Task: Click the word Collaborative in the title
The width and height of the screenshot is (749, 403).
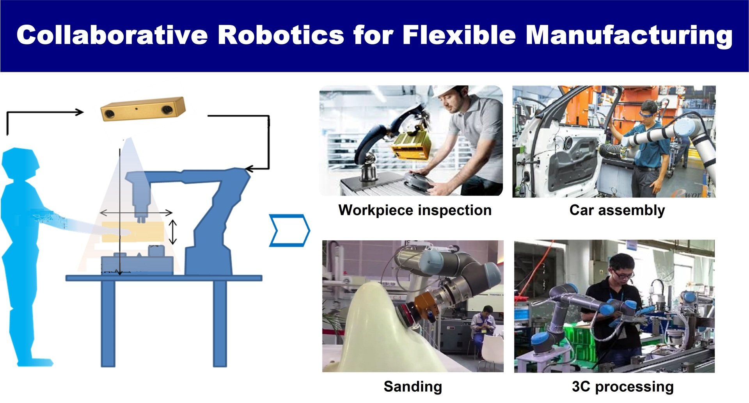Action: pos(112,35)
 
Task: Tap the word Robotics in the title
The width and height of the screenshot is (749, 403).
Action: pos(281,35)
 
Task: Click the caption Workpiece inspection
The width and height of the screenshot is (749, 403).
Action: pos(415,210)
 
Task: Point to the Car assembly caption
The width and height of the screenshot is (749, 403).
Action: pos(617,210)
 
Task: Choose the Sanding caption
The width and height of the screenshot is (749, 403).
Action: pos(413,387)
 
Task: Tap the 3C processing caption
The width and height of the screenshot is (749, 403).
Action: pos(623,387)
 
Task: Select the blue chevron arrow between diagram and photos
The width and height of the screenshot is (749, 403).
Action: pos(289,230)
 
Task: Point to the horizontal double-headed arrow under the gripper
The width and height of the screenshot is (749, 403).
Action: pos(136,213)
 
